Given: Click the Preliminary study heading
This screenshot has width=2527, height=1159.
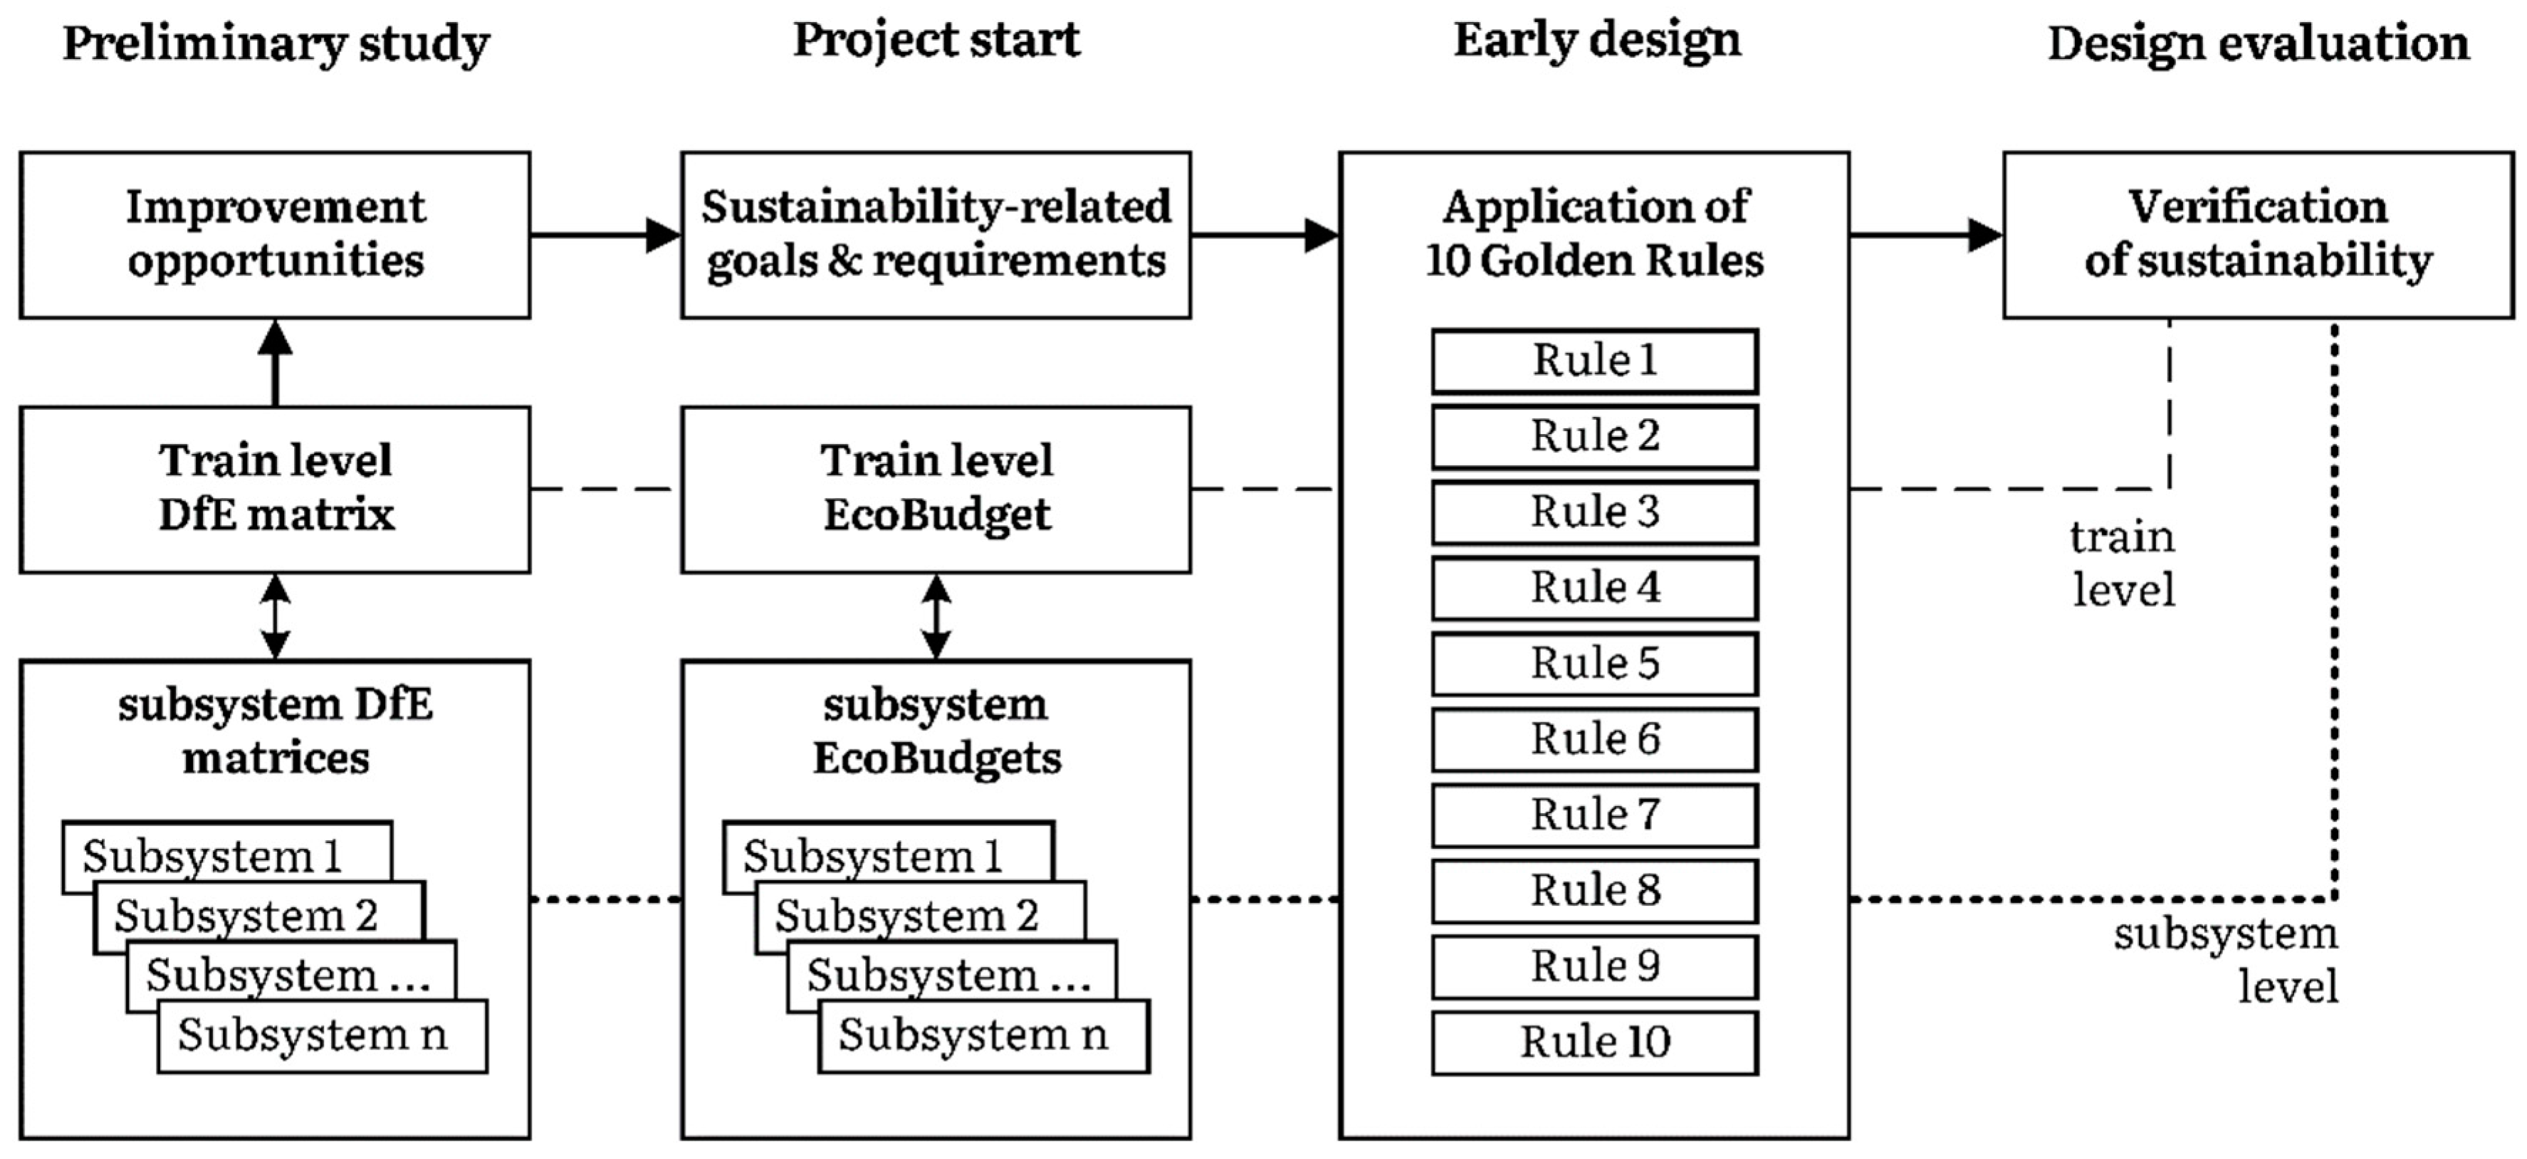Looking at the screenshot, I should (x=276, y=44).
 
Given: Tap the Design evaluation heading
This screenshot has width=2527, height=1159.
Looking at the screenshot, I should (x=2257, y=44).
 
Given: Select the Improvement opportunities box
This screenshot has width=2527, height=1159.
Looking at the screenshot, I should (x=275, y=234).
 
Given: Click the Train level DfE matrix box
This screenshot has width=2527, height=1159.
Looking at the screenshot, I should (x=275, y=488).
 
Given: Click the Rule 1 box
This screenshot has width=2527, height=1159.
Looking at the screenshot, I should (x=1594, y=361).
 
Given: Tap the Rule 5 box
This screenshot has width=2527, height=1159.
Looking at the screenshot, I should (x=1594, y=664).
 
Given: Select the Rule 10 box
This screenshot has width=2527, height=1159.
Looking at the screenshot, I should (x=1594, y=1042).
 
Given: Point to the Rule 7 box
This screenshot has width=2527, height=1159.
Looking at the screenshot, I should (x=1594, y=815).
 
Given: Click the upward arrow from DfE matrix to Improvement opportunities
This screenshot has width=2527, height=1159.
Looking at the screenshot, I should (x=275, y=362).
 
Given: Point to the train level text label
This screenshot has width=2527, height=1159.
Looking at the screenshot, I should (x=2123, y=563).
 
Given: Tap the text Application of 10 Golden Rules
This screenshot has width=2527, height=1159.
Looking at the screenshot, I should (x=1594, y=234).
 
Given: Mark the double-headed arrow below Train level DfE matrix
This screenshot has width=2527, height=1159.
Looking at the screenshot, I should (x=275, y=615).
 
